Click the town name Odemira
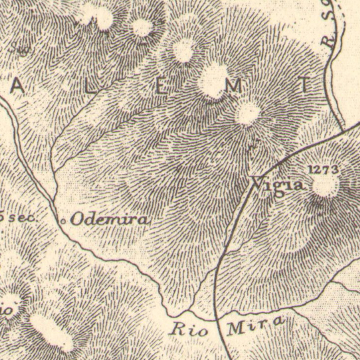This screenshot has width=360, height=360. pyautogui.click(x=109, y=218)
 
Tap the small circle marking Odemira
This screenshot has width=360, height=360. pyautogui.click(x=63, y=219)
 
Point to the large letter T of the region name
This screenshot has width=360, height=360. pyautogui.click(x=306, y=85)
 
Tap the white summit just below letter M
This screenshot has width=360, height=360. pyautogui.click(x=248, y=114)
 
